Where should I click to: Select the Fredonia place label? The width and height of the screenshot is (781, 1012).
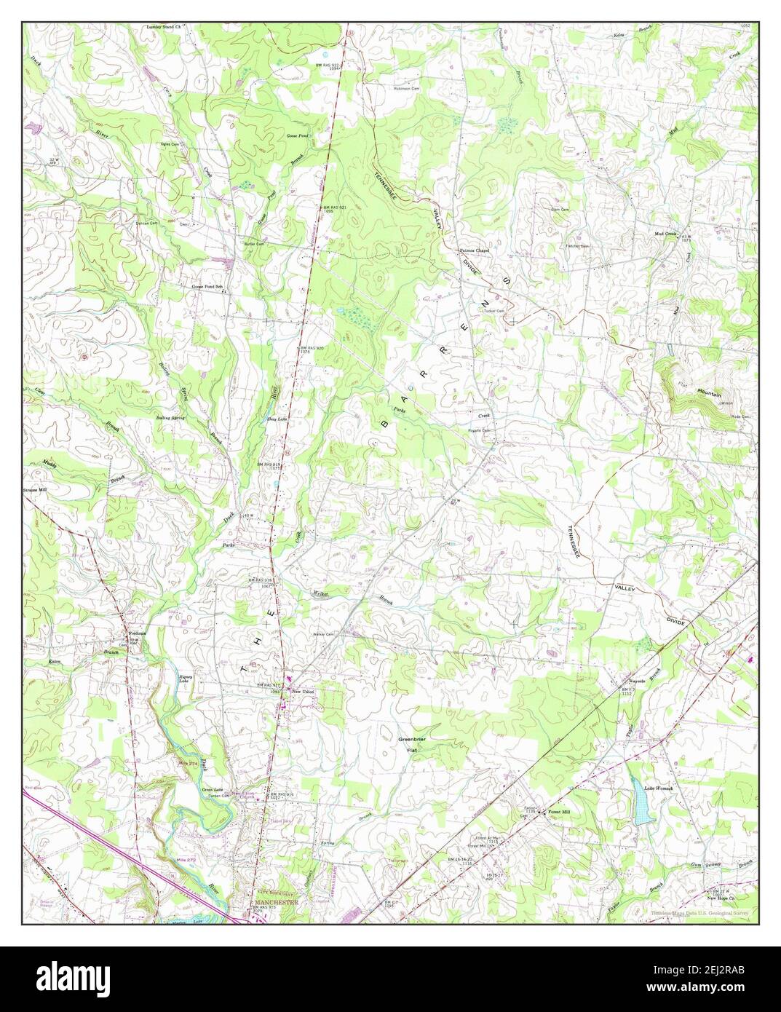[x=138, y=633]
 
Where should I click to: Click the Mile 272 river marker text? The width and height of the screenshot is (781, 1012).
[x=188, y=861]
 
